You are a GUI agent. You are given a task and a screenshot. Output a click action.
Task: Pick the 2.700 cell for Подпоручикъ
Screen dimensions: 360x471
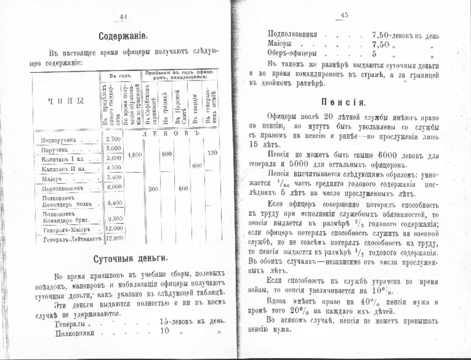pyautogui.click(x=113, y=139)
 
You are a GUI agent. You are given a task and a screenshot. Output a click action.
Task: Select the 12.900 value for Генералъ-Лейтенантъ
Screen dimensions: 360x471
pyautogui.click(x=113, y=239)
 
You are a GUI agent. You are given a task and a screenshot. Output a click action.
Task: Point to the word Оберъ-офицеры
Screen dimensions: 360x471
pyautogui.click(x=292, y=54)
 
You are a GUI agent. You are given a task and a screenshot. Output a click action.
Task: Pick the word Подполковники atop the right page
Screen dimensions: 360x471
pyautogui.click(x=293, y=34)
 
